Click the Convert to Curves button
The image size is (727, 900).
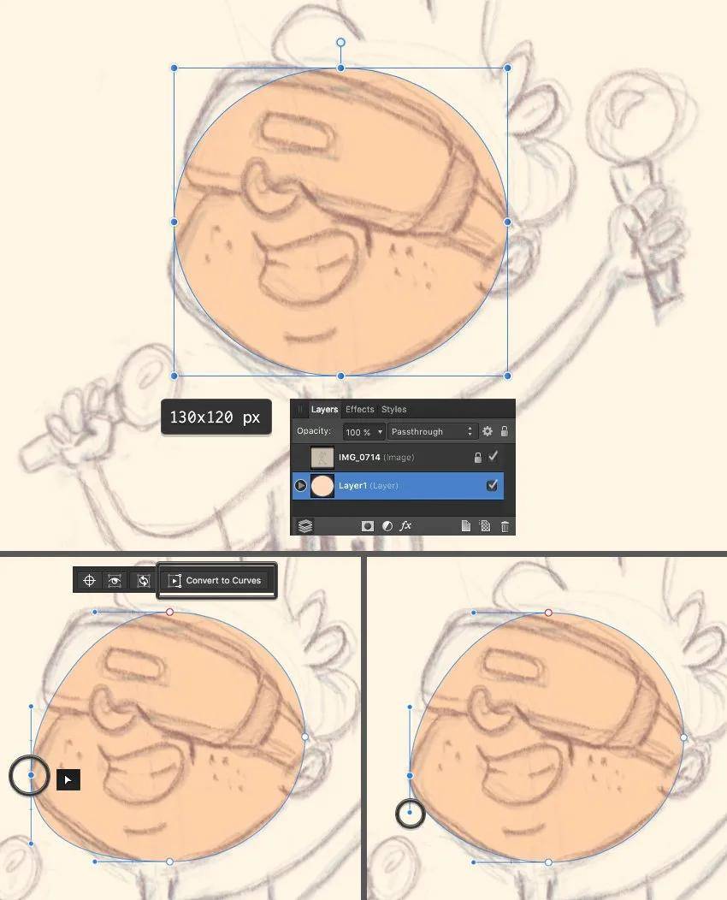point(217,580)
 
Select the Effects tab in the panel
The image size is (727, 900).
point(359,409)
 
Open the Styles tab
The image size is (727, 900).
point(393,409)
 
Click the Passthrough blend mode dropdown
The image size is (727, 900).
point(432,432)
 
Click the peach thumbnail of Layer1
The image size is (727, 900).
point(322,486)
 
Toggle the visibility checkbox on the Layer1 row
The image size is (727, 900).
point(492,486)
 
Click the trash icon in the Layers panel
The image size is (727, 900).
point(505,526)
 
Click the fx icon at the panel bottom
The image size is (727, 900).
point(406,526)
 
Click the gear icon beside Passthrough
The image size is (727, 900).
point(488,432)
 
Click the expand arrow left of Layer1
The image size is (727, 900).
point(300,486)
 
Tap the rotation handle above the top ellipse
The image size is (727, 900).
point(340,42)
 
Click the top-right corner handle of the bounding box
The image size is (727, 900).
point(507,68)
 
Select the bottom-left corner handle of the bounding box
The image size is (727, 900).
point(174,376)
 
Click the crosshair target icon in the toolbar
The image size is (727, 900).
point(89,580)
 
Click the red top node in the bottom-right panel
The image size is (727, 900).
point(548,613)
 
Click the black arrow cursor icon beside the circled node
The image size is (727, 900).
point(68,779)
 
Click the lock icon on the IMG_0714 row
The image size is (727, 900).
point(477,458)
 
